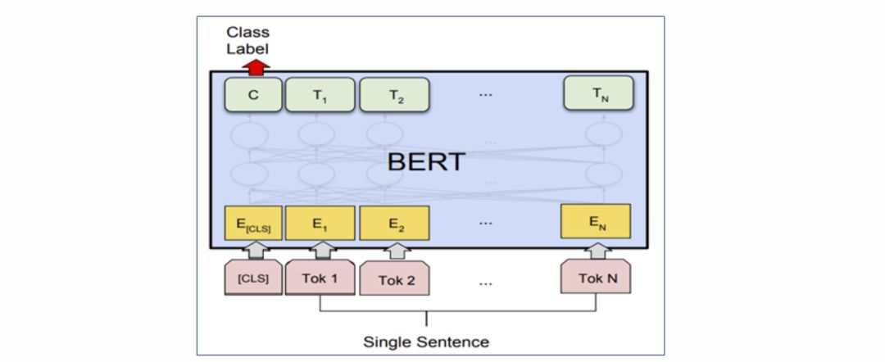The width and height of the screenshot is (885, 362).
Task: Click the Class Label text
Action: [247, 40]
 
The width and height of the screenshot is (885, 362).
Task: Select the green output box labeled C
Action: [253, 94]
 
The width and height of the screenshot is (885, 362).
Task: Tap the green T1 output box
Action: [320, 94]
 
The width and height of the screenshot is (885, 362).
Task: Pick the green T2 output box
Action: [395, 94]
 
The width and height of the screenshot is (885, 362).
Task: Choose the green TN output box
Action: [597, 94]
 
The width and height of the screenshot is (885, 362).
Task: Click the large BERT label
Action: [425, 161]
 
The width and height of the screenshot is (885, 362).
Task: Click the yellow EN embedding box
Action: [596, 221]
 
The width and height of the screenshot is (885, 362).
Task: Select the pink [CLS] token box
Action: [253, 278]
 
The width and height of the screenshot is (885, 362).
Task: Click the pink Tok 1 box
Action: [320, 278]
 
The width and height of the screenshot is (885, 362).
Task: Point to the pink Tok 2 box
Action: [397, 279]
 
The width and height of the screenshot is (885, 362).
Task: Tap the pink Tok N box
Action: [597, 278]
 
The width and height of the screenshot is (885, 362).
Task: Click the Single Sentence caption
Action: [426, 342]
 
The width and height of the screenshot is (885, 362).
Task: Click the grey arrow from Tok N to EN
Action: [597, 250]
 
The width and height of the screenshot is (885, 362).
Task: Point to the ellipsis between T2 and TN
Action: [486, 94]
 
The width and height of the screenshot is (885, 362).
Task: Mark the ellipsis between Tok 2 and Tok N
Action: [486, 283]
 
